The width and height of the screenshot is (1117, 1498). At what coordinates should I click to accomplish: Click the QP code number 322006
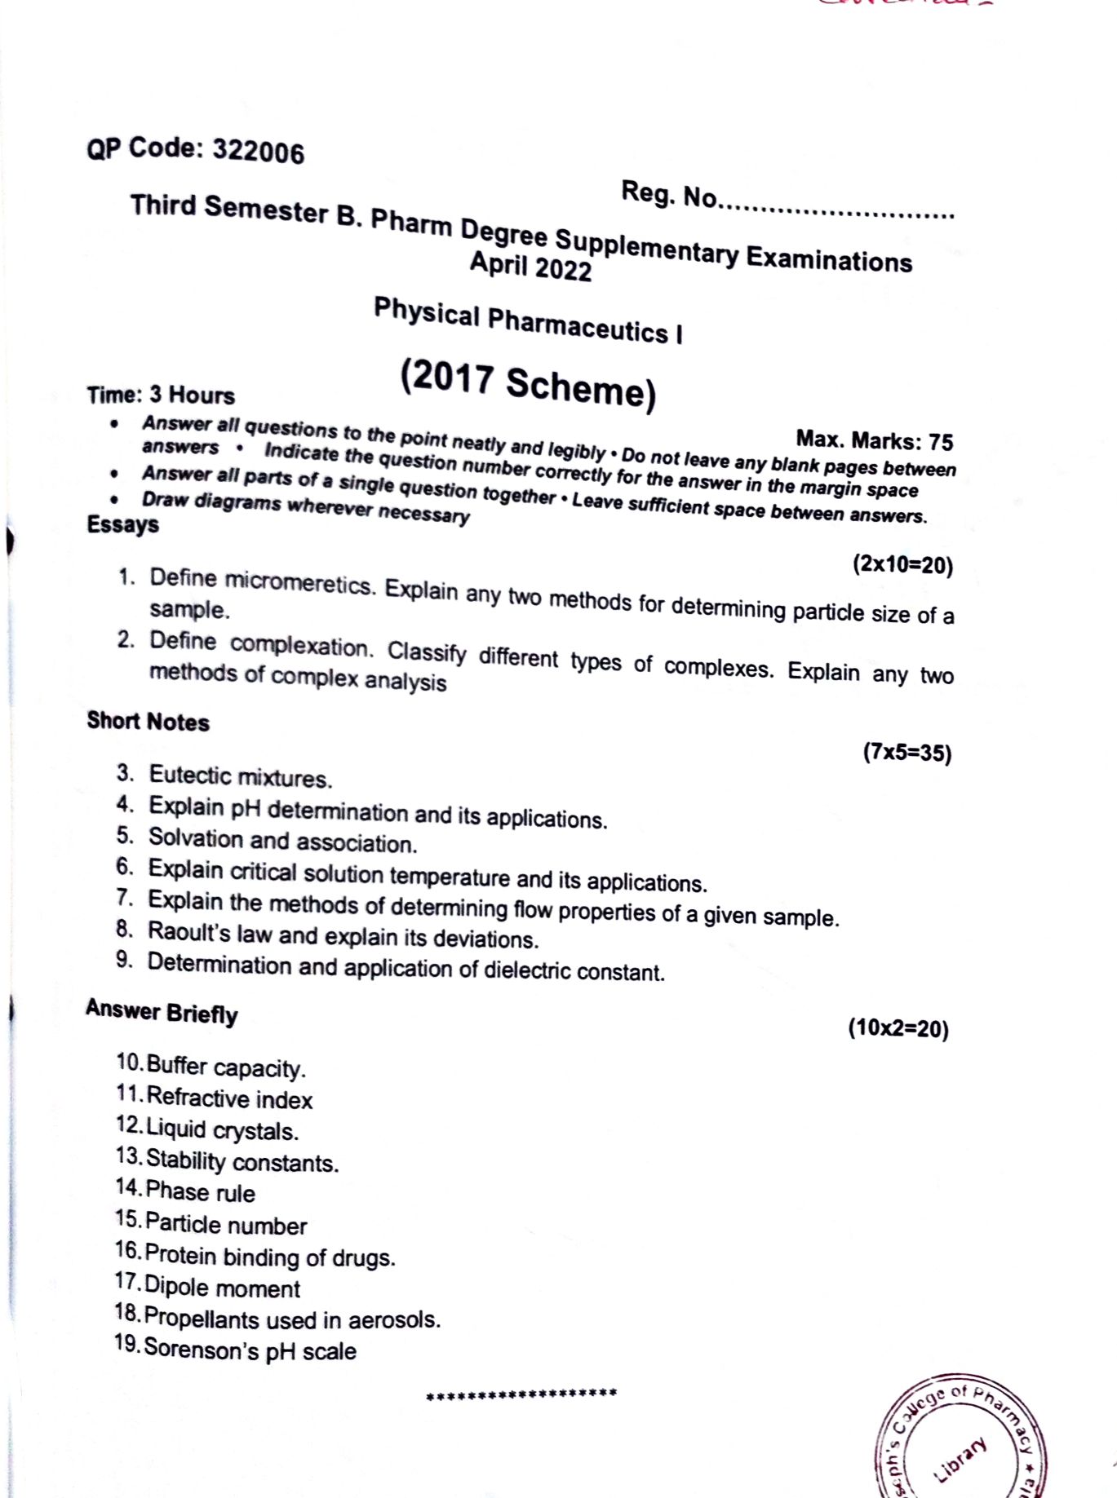[x=258, y=152]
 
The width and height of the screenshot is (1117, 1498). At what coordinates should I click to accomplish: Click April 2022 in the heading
[x=530, y=266]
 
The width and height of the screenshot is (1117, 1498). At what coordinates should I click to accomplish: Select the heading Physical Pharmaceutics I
[x=528, y=321]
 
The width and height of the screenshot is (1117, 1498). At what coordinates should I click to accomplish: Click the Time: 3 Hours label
[x=161, y=395]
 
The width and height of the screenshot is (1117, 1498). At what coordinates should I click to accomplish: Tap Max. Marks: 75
[x=874, y=440]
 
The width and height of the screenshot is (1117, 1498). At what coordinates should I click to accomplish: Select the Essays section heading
[x=123, y=524]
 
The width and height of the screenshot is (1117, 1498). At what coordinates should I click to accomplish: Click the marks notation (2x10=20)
[x=902, y=564]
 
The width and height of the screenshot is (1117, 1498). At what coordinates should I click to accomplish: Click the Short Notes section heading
[x=148, y=722]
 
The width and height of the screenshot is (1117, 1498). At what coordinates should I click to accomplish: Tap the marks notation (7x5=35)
[x=906, y=752]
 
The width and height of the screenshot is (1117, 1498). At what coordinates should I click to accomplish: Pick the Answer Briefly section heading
[x=162, y=1012]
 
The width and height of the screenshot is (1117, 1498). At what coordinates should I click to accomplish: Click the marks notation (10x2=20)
[x=898, y=1028]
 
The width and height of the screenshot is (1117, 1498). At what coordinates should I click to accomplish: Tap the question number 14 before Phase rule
[x=128, y=1188]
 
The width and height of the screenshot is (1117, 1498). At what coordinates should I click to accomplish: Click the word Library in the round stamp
[x=960, y=1458]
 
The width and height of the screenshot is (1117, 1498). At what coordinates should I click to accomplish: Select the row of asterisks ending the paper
[x=521, y=1394]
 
